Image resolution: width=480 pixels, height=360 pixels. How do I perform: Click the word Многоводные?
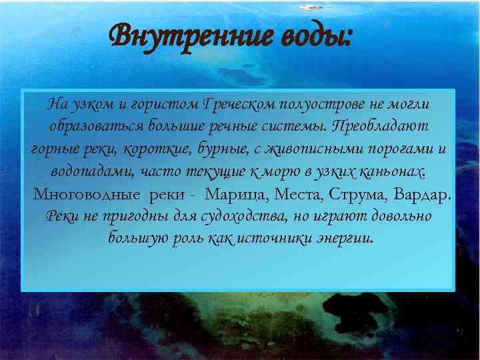[x=87, y=195]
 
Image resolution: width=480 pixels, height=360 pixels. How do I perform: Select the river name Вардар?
[x=422, y=195]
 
